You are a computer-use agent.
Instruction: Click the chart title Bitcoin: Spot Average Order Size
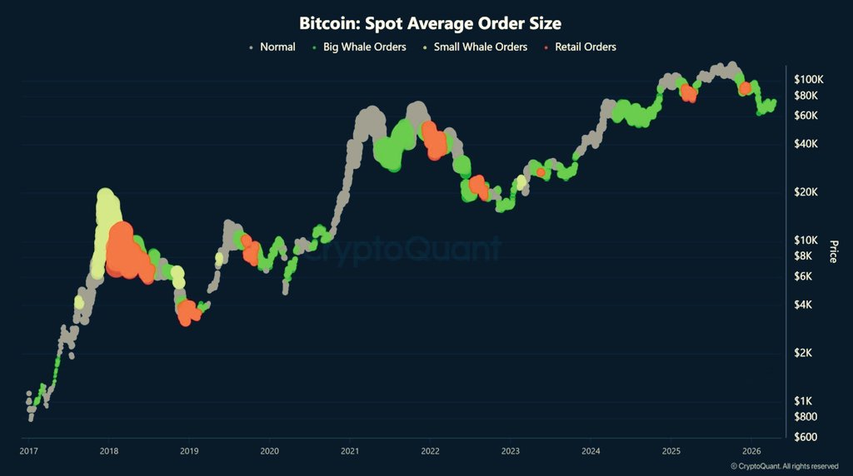(430, 22)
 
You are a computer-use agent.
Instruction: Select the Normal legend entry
(277, 47)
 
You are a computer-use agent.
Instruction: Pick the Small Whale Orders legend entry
(481, 47)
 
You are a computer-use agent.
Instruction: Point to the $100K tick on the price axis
(808, 79)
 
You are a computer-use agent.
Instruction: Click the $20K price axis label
(808, 192)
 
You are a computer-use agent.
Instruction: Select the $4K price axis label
(806, 305)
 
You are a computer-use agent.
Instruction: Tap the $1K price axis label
(806, 401)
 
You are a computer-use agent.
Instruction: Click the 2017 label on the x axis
(29, 451)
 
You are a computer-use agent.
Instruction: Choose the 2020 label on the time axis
(270, 451)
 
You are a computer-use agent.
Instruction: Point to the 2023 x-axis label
(510, 451)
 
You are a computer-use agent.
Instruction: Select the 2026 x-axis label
(751, 451)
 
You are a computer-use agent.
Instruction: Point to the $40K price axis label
(808, 144)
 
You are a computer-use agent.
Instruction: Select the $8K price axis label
(806, 256)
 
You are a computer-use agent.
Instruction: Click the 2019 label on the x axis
(189, 451)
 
